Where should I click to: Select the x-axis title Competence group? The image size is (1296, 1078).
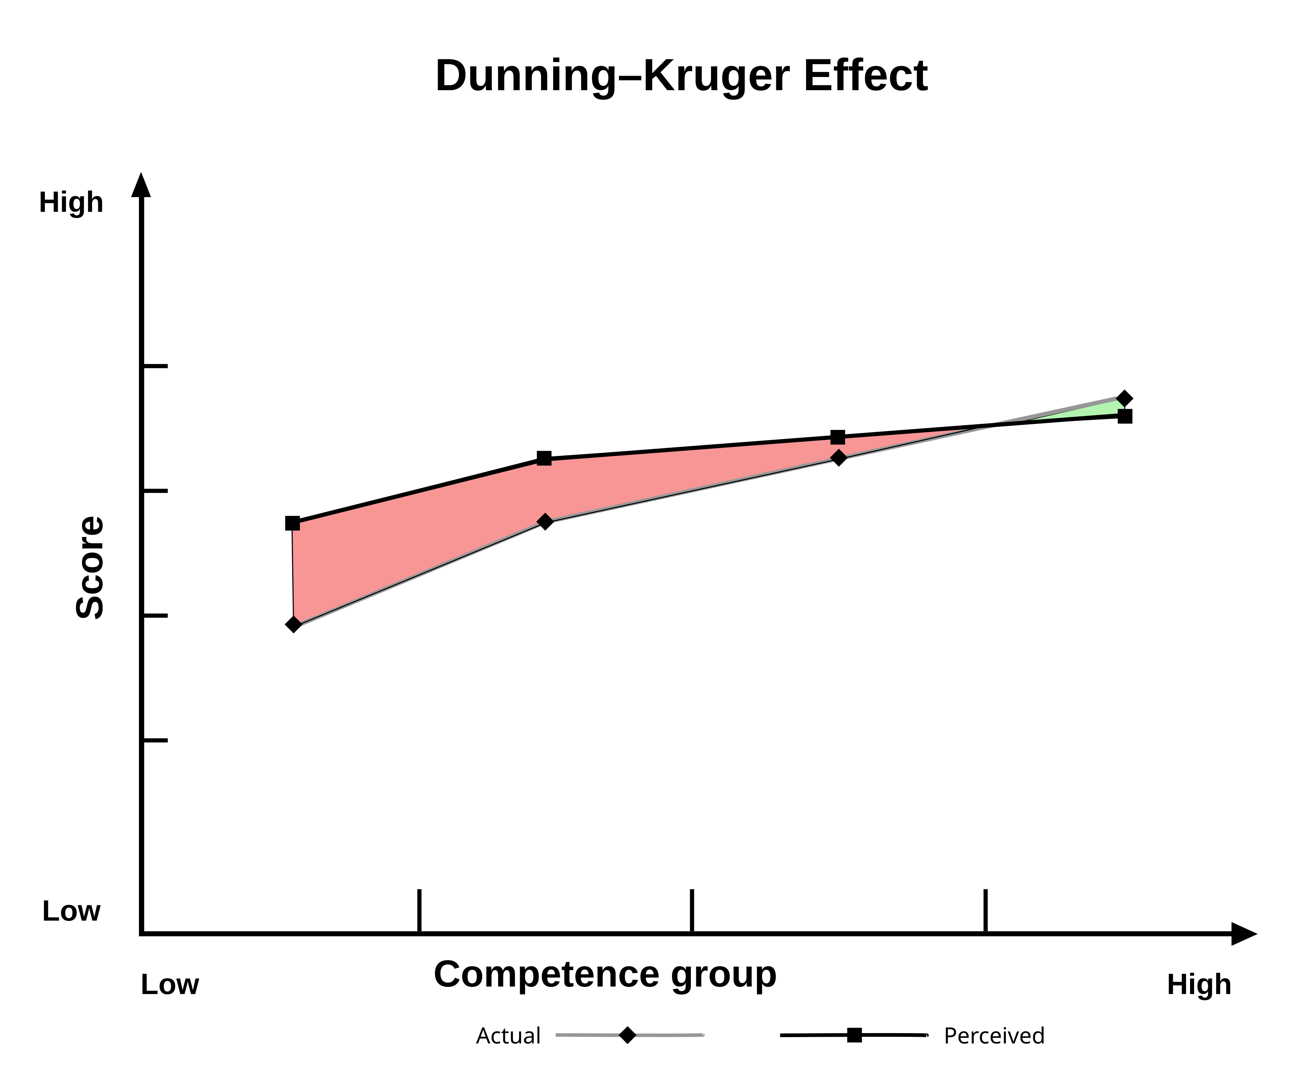tap(605, 974)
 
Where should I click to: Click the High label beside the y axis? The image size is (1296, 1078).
tap(71, 203)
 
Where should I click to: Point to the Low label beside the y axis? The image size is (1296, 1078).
tap(71, 911)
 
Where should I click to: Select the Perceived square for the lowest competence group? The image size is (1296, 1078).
tap(293, 523)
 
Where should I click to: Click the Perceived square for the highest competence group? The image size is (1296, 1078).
tap(1125, 416)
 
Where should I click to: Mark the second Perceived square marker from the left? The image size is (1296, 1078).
tap(544, 458)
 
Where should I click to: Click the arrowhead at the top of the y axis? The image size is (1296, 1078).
tap(141, 185)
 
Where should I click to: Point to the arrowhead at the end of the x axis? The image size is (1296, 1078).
tap(1244, 934)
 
